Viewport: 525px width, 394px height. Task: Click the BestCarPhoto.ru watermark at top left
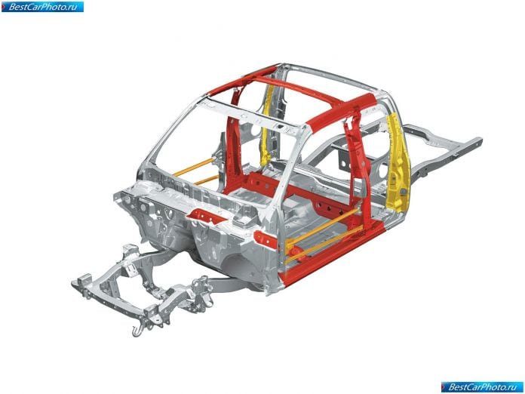[x=42, y=7]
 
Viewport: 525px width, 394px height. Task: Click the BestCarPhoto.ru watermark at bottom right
[x=482, y=387]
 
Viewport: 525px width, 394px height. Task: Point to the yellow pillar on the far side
[x=268, y=124]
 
